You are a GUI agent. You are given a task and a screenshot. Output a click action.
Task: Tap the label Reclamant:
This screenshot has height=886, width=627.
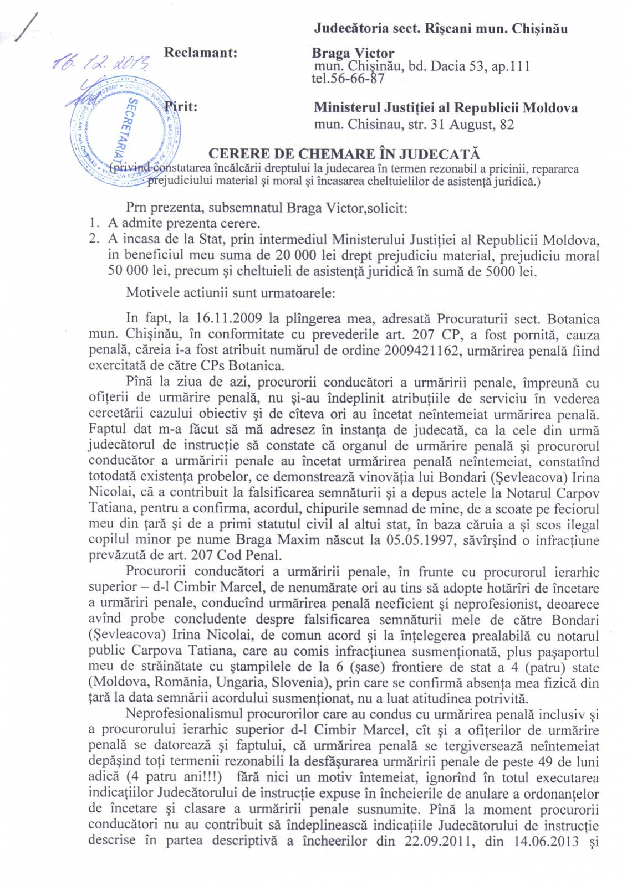coord(201,53)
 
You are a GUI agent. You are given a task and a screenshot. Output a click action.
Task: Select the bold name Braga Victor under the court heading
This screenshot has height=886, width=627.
coord(353,54)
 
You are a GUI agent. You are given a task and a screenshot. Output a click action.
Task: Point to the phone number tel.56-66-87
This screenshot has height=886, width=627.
coord(348,79)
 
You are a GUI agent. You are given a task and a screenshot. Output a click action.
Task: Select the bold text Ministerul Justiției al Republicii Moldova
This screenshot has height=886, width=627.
coord(446,107)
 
